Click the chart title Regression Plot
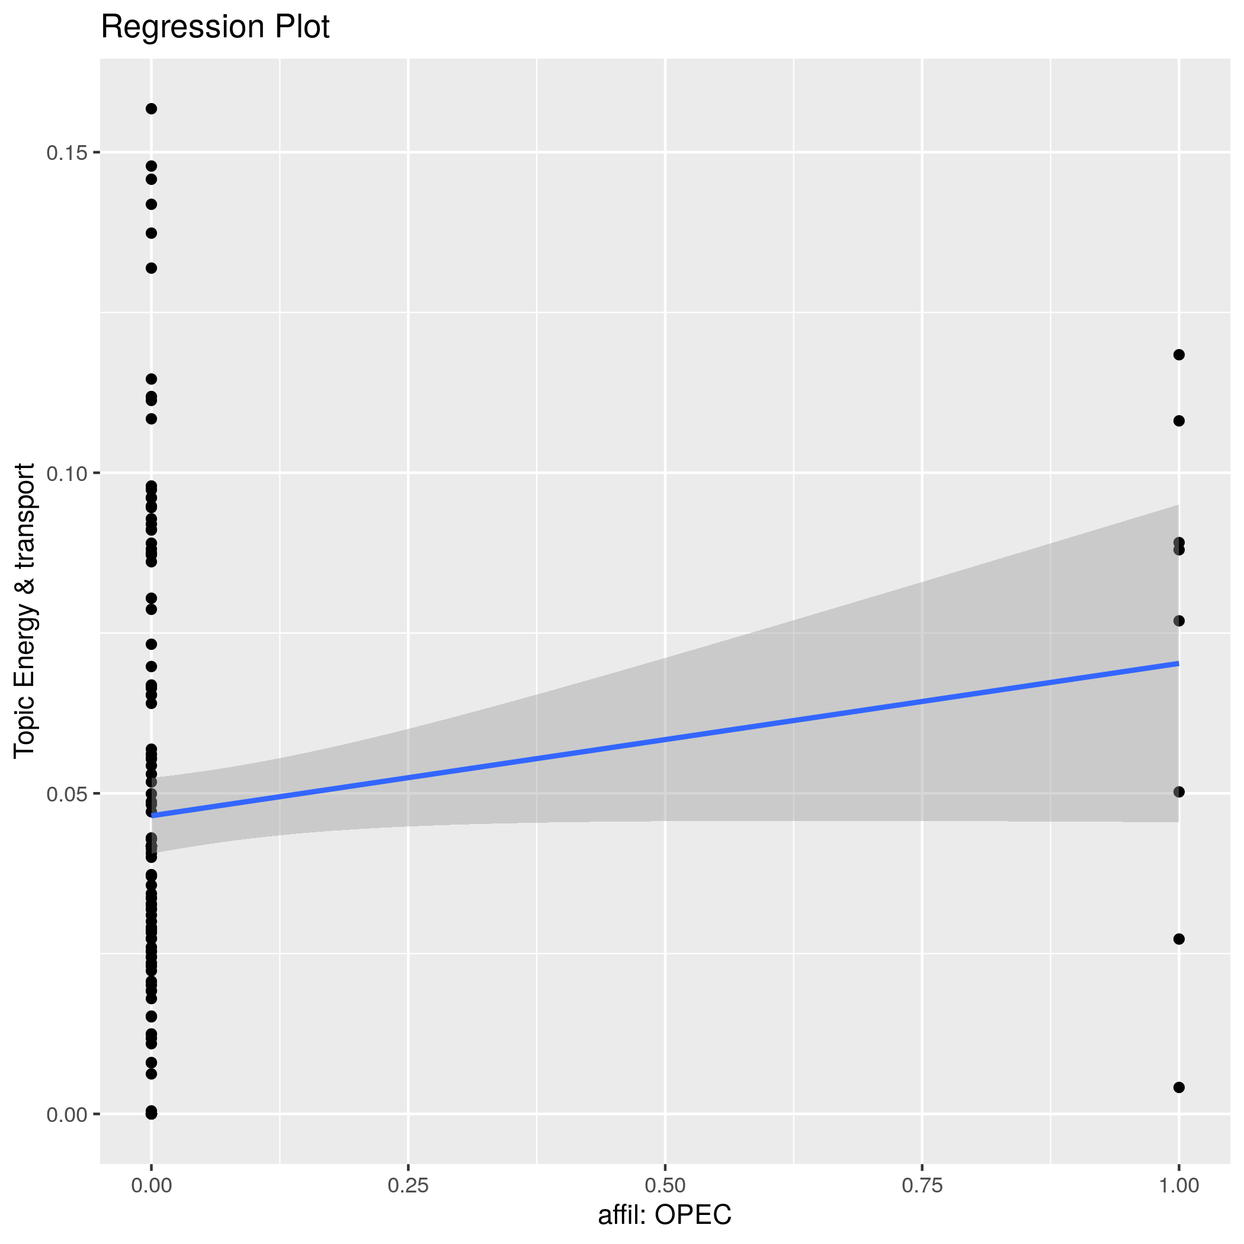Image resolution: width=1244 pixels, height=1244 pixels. (215, 28)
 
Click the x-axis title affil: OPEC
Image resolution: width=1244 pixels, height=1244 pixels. (665, 1215)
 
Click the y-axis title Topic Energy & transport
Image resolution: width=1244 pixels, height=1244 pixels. (25, 610)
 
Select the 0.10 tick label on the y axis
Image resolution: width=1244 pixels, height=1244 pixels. (66, 473)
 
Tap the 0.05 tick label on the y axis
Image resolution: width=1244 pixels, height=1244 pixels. (66, 794)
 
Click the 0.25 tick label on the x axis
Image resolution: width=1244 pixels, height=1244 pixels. (408, 1185)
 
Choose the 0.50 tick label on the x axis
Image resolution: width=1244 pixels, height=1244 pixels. (665, 1185)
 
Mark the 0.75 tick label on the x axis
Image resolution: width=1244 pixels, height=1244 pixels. (922, 1185)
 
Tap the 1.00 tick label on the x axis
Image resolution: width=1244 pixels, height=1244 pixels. (1178, 1185)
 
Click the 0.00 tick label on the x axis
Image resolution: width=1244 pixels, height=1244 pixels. (151, 1185)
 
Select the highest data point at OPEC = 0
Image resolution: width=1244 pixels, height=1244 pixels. (151, 109)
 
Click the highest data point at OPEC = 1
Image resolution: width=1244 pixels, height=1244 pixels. (1179, 355)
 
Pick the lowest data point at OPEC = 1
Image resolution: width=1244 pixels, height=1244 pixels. (1179, 1088)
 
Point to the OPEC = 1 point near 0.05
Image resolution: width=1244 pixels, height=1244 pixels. (1179, 792)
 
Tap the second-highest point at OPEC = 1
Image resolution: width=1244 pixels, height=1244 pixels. (1179, 421)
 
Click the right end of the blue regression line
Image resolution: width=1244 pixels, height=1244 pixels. (1178, 663)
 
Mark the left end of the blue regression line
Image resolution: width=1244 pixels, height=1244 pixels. (153, 816)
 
